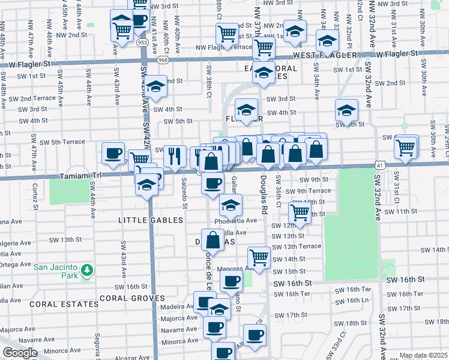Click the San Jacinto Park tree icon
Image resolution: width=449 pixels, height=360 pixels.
(x=88, y=271)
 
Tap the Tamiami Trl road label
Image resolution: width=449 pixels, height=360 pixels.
(x=77, y=177)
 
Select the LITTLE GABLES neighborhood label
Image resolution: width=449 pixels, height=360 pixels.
(x=149, y=221)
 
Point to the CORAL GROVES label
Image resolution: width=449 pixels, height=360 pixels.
(x=131, y=298)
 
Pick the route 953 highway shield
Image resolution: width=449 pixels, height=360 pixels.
(x=142, y=43)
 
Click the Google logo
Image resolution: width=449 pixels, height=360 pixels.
(x=20, y=353)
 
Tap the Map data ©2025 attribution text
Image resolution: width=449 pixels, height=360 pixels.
(x=423, y=355)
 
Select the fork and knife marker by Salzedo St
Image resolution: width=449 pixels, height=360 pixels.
(x=175, y=157)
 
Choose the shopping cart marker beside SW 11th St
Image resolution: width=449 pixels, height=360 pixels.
(x=299, y=211)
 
